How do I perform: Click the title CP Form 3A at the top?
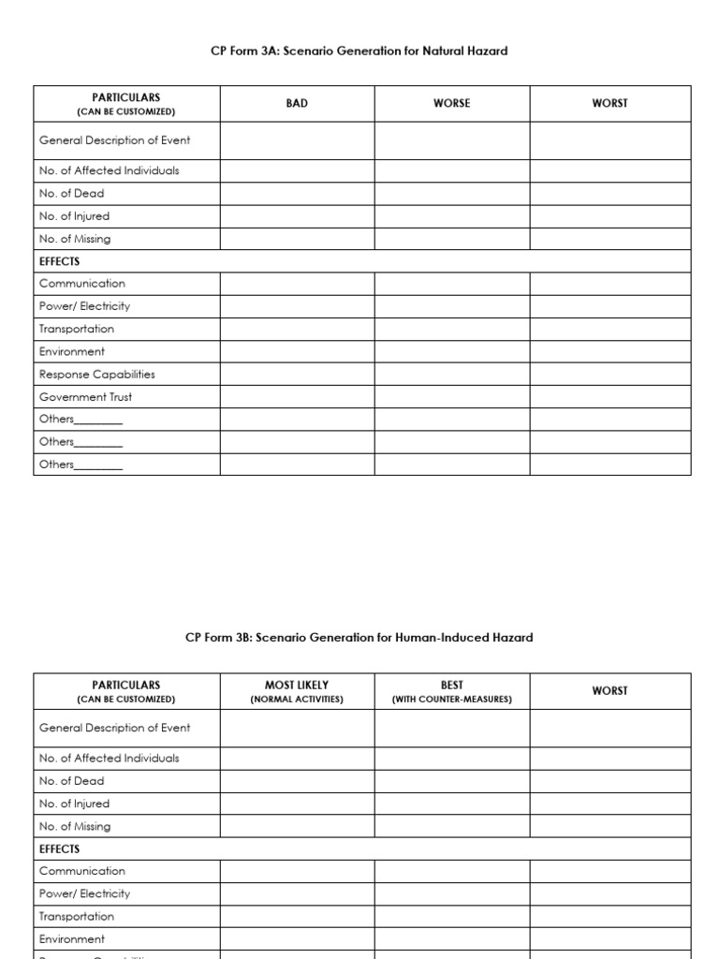tap(359, 52)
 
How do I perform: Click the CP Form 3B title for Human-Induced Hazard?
tap(359, 638)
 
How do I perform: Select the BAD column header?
tap(297, 103)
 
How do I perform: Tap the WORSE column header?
tap(451, 103)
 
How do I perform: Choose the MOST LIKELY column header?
tap(297, 686)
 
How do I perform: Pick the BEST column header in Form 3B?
tap(451, 686)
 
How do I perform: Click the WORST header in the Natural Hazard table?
tap(609, 103)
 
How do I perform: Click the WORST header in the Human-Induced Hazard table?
tap(609, 691)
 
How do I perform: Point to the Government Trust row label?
tap(85, 397)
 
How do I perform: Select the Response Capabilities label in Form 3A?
tap(96, 375)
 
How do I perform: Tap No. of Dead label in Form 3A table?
tap(71, 194)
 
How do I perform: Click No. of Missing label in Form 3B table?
tap(74, 827)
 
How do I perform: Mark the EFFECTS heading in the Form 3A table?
tap(59, 261)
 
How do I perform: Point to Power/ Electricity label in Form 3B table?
tap(84, 894)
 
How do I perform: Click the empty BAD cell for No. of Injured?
tap(297, 216)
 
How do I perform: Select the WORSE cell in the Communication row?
tap(451, 284)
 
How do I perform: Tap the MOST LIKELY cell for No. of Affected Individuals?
tap(297, 759)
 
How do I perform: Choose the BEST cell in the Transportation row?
tap(451, 917)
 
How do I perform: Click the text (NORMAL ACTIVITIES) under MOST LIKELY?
tap(297, 700)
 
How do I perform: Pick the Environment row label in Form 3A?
tap(71, 352)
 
